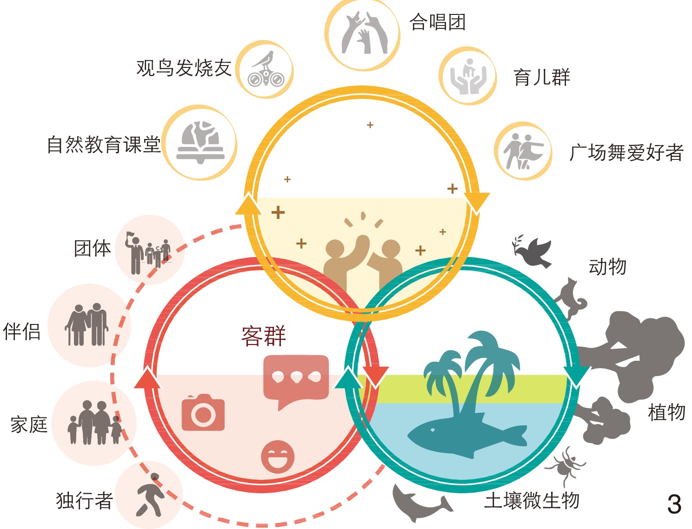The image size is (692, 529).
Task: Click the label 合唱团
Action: tap(437, 22)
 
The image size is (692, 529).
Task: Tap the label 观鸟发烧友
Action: tap(184, 68)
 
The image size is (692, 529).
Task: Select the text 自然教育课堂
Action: tap(104, 145)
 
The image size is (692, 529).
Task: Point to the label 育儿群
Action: tap(542, 77)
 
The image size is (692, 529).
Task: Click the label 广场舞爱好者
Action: tap(626, 152)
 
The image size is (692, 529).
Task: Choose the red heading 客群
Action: tap(263, 336)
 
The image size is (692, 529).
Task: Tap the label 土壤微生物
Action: tap(532, 501)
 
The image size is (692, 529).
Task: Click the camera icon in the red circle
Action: tap(203, 412)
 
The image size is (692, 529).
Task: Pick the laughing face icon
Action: tap(278, 457)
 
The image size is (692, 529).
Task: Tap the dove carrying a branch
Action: tap(533, 251)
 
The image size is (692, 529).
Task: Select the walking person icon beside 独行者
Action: tap(150, 496)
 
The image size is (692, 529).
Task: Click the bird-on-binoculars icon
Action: tap(265, 69)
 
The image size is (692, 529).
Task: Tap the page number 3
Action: tap(674, 504)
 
